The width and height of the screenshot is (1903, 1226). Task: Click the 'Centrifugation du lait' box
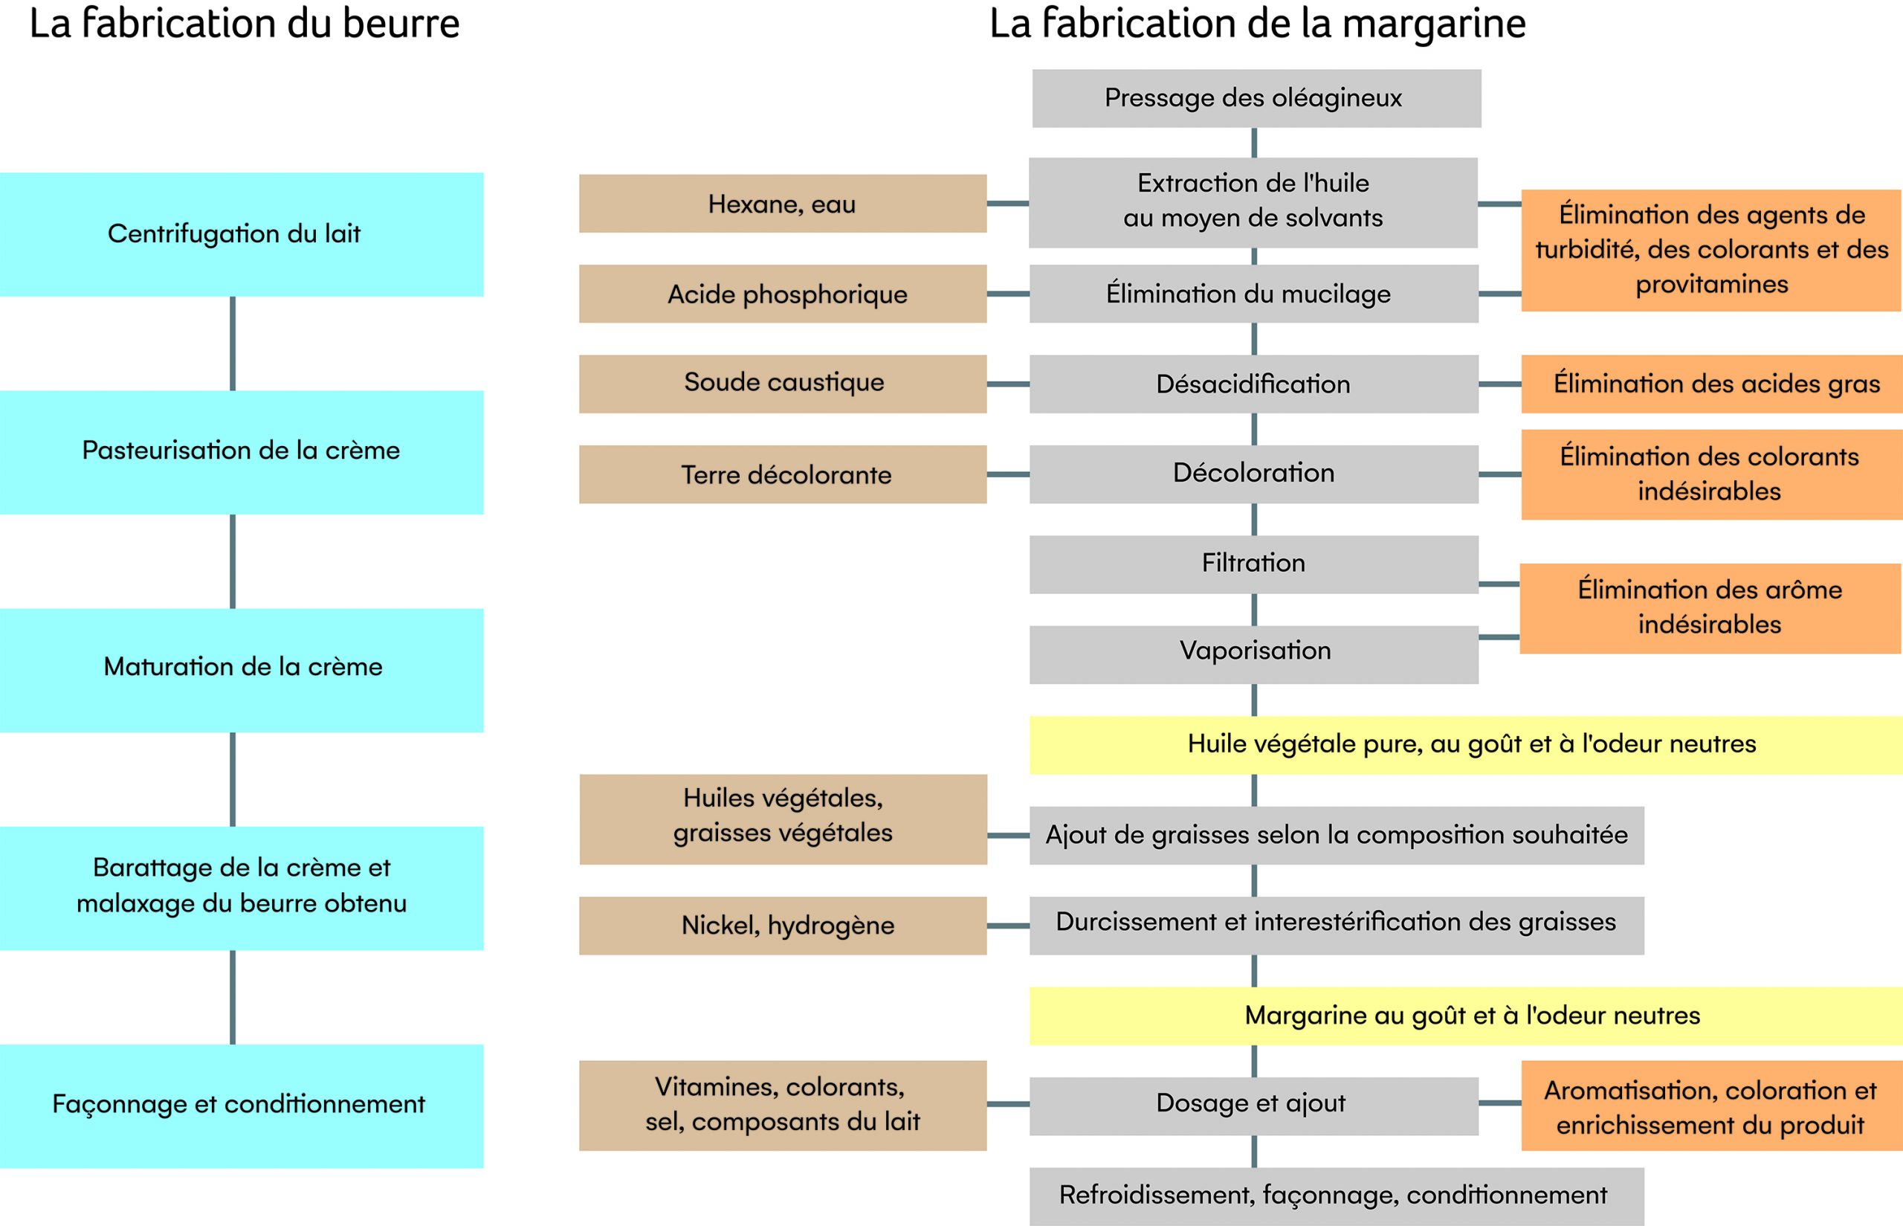(x=241, y=235)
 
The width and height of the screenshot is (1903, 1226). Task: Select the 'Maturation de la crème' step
(x=241, y=671)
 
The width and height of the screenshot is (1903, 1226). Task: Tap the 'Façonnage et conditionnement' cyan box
(x=241, y=1106)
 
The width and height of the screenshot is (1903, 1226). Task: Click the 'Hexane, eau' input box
(x=782, y=204)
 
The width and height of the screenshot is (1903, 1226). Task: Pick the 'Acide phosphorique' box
(x=782, y=294)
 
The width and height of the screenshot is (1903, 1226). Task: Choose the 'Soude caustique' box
(x=782, y=384)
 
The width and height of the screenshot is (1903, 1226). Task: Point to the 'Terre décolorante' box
(x=782, y=474)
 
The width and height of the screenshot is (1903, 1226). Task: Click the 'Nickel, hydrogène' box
(x=782, y=926)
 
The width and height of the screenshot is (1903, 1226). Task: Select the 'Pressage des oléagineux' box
(x=1257, y=99)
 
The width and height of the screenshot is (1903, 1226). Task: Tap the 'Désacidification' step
(x=1253, y=384)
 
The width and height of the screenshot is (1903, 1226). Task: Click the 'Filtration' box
(x=1253, y=564)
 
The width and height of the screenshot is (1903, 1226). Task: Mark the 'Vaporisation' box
(x=1253, y=654)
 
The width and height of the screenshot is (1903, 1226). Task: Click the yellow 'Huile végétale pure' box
(x=1466, y=745)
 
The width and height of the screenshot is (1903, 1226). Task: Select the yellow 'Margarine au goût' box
(x=1466, y=1016)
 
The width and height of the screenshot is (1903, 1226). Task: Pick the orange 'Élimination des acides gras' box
(x=1712, y=384)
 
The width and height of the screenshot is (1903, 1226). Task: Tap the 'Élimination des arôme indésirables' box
(x=1710, y=609)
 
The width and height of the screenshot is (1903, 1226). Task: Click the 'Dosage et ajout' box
(x=1253, y=1106)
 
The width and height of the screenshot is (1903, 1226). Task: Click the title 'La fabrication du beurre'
(x=245, y=24)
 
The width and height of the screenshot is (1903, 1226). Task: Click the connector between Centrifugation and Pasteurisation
(x=233, y=344)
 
